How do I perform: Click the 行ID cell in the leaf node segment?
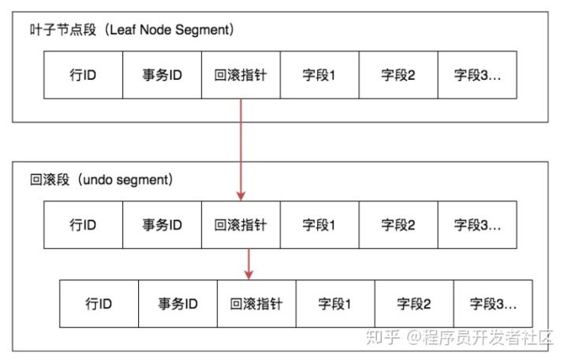click(83, 75)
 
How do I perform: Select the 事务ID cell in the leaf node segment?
click(162, 75)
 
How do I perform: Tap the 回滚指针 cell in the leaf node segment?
click(241, 75)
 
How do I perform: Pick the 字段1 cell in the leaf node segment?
click(319, 75)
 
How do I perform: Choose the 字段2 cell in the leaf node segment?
click(398, 75)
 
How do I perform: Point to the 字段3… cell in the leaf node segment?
click(477, 75)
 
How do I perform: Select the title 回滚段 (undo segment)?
click(101, 179)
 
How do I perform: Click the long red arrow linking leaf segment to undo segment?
click(241, 150)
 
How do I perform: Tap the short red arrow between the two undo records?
click(249, 263)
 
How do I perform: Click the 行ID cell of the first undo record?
click(83, 225)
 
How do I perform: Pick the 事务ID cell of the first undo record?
click(162, 225)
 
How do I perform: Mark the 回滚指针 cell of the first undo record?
click(241, 225)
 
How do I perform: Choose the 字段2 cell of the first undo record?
click(398, 225)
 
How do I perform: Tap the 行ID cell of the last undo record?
click(99, 303)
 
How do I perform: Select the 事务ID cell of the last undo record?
click(177, 303)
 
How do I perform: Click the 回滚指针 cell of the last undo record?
click(256, 303)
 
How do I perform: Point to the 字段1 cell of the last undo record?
click(335, 303)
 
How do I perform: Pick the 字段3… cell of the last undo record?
click(493, 303)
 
